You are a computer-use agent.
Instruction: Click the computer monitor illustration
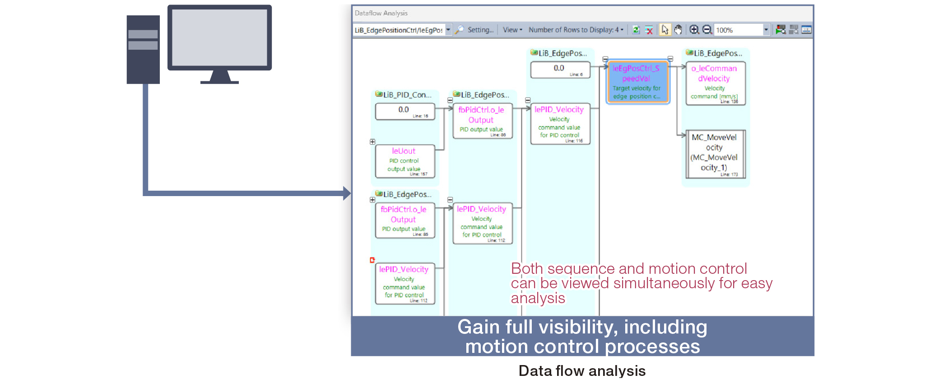coord(219,38)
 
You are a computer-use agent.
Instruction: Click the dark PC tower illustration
coord(143,50)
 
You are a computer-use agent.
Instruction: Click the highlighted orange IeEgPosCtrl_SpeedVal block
coord(637,82)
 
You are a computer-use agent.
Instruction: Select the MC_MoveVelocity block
coord(715,154)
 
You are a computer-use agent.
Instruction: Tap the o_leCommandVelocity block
coord(715,83)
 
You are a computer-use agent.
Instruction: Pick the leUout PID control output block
coord(404,161)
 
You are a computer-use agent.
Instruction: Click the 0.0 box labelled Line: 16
coord(404,111)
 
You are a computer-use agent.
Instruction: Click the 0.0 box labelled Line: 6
coord(560,70)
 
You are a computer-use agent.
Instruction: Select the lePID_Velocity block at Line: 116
coord(560,123)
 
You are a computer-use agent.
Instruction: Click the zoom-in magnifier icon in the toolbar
coord(694,30)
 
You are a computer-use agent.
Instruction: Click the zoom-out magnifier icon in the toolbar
coord(707,30)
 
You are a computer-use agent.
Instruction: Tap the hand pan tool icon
coord(678,30)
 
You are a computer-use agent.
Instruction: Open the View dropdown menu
coord(512,30)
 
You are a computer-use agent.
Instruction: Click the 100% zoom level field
coord(739,30)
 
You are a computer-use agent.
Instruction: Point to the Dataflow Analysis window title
coord(381,13)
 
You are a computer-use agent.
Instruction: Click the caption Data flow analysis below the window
coord(582,371)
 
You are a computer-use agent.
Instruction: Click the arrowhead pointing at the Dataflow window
coord(347,193)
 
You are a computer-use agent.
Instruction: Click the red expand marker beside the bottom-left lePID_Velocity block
coord(372,260)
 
